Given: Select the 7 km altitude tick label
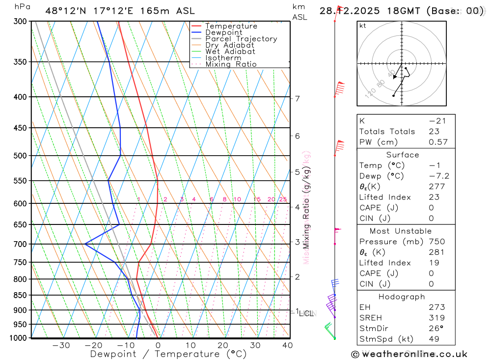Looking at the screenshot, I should coord(298,99).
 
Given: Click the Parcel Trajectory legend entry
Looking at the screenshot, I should coord(241,39).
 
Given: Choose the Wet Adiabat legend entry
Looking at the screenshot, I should coord(230,52).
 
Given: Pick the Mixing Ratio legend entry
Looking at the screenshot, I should coord(231,64).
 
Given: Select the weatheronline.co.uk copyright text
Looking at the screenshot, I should coord(409,354).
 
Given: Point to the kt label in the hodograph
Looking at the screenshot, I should coord(363,26).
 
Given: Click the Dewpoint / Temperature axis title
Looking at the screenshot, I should coord(168,354).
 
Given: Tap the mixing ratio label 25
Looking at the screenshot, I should coord(283,199).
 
